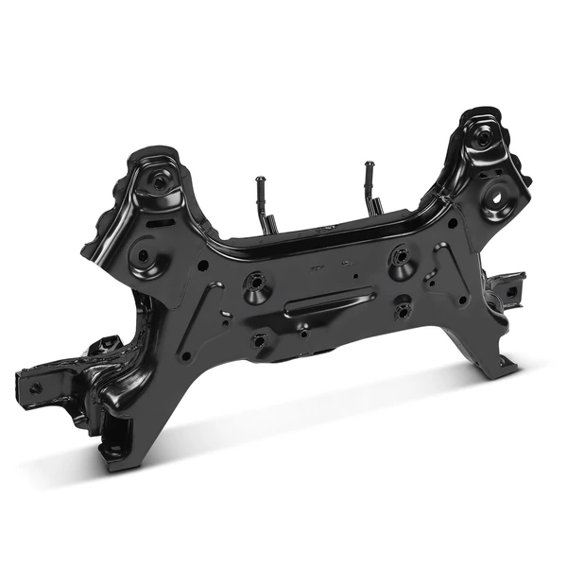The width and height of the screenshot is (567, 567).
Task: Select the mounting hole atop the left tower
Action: click(156, 178)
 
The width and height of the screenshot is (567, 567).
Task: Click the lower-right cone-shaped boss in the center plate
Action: click(404, 309)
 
